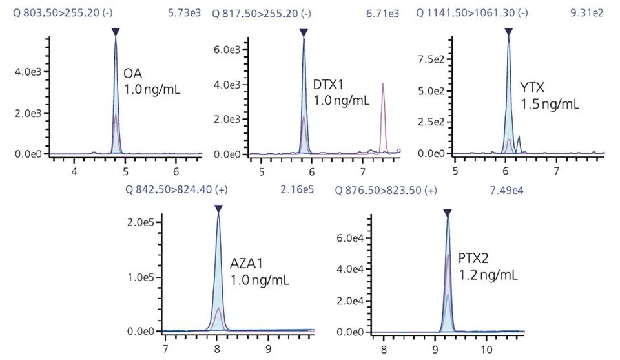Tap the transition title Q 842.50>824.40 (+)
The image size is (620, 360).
(x=176, y=189)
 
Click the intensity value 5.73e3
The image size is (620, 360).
(x=183, y=12)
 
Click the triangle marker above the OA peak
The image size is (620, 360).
(x=115, y=32)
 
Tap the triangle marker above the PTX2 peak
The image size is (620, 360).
(x=447, y=213)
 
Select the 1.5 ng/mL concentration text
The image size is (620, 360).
(x=550, y=103)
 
